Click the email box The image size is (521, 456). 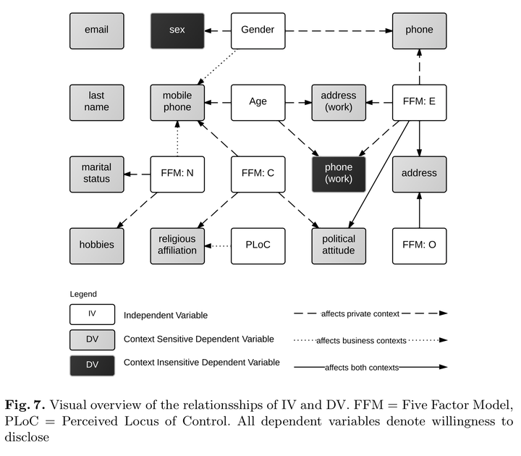coord(97,30)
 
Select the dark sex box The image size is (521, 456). coord(177,30)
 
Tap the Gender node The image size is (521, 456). coord(258,30)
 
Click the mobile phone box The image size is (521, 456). coord(177,102)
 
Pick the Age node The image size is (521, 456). coord(258,102)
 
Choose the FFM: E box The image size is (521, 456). coord(419,102)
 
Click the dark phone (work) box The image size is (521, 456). coord(338,174)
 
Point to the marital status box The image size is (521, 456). coord(97,174)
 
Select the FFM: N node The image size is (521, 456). coord(177,174)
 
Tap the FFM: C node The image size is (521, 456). coord(258,174)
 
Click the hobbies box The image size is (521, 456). coord(97,245)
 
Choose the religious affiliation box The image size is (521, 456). coord(177,245)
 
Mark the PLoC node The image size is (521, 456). coord(258,245)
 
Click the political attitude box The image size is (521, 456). coord(338,245)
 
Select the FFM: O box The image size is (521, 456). coord(419,245)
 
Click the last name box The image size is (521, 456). coord(97,102)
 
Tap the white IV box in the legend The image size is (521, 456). coord(93,314)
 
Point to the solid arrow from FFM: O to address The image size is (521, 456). coord(419,210)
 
